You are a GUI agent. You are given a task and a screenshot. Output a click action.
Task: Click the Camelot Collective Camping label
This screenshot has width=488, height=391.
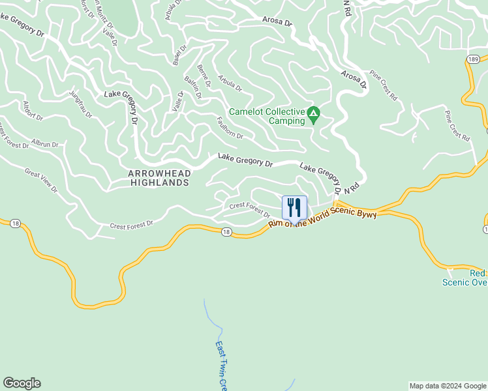click(267, 116)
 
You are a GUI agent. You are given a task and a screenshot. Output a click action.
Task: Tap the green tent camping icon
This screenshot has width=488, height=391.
click(314, 115)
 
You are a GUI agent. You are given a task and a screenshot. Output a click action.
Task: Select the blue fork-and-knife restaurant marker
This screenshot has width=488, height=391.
click(294, 208)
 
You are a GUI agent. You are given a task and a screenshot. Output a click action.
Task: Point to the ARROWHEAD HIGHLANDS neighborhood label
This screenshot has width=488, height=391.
click(159, 178)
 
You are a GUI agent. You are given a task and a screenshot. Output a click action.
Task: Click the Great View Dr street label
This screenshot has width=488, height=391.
click(41, 181)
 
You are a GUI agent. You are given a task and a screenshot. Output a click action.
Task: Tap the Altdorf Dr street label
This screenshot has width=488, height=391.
click(33, 111)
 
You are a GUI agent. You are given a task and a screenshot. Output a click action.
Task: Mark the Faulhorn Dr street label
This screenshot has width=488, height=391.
click(229, 127)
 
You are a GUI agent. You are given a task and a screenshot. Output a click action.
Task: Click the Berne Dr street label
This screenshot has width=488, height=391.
click(204, 76)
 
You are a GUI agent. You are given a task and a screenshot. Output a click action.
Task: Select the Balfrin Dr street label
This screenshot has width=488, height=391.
click(193, 87)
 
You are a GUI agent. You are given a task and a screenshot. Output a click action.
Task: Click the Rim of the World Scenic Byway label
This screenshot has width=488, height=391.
click(323, 218)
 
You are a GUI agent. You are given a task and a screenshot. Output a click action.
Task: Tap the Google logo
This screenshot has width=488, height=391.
click(22, 383)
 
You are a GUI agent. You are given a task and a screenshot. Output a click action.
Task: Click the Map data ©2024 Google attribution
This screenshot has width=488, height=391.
click(448, 386)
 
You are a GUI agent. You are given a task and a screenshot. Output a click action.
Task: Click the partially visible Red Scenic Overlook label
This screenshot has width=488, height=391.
click(465, 278)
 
